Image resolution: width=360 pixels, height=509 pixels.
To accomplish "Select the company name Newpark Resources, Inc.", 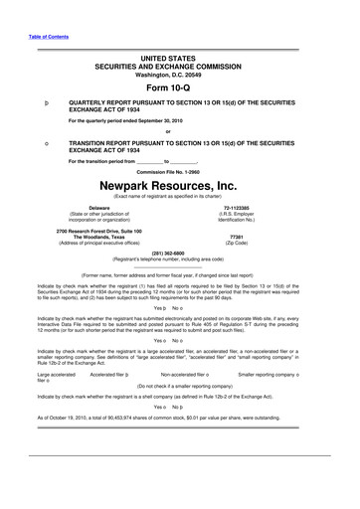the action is [179, 185].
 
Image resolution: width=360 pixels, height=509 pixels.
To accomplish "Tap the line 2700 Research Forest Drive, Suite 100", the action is [70, 231].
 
